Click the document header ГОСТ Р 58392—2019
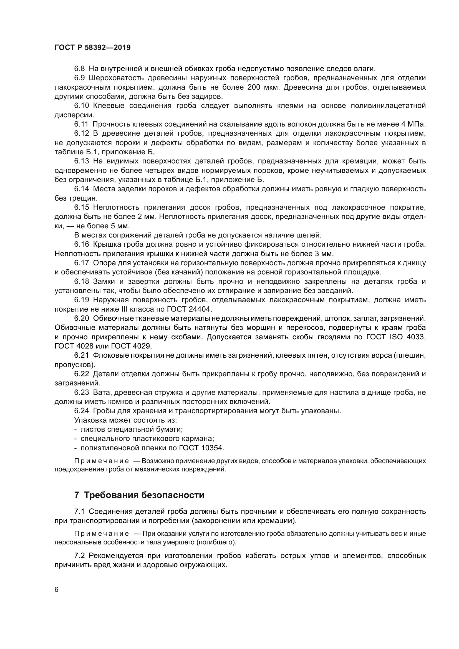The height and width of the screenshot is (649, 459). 92,48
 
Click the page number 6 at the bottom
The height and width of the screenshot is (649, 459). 57,590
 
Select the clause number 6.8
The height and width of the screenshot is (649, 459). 79,69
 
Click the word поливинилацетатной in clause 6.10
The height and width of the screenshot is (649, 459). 388,106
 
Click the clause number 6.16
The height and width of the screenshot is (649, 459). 82,244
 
